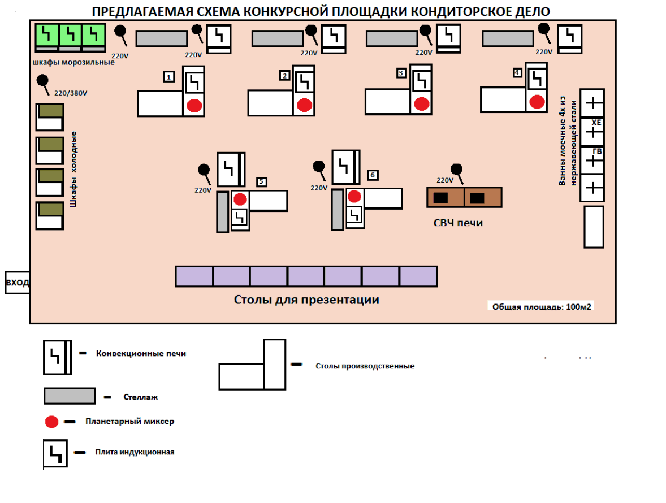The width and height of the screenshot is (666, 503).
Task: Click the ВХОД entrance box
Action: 17,283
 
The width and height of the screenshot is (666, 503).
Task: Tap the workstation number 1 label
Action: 168,76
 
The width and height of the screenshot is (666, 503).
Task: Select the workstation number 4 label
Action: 517,72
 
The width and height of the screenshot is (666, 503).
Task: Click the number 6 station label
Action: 373,175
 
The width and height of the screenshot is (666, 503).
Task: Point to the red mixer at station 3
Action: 421,104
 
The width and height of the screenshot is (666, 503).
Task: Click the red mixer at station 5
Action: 240,199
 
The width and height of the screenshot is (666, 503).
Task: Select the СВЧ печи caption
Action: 459,223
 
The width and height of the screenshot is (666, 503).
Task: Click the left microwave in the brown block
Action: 441,198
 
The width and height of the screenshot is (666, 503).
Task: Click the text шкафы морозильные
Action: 73,62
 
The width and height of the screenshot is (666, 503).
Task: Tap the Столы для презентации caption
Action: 306,300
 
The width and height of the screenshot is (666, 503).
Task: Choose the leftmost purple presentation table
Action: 194,276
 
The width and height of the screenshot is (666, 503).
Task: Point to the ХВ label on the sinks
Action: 596,123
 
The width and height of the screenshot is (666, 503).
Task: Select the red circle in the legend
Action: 52,422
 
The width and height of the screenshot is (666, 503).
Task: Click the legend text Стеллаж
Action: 140,397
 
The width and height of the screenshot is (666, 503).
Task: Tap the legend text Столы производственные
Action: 365,366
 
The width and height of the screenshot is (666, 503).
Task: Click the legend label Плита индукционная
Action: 135,452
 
